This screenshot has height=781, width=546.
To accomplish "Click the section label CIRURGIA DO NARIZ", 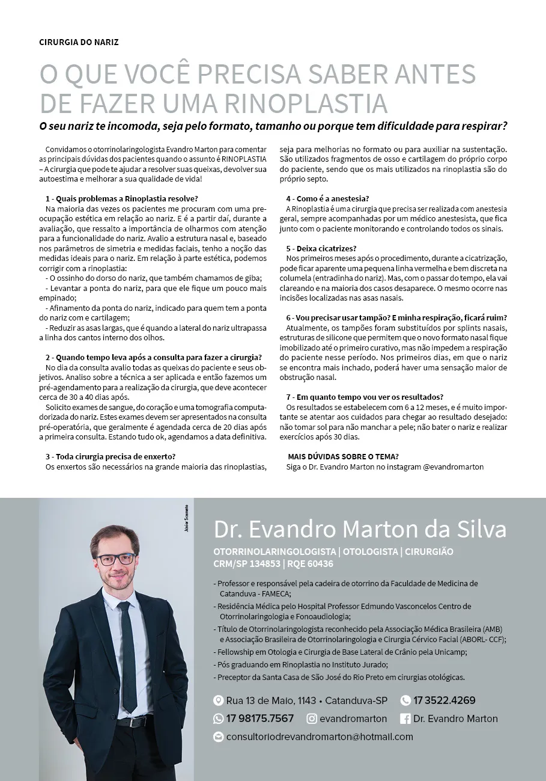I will click(x=79, y=43).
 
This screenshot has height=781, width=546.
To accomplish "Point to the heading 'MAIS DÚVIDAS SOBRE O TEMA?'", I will click(x=344, y=456).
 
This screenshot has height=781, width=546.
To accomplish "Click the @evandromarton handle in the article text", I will click(x=453, y=467).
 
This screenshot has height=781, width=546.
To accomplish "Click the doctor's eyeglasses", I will click(x=115, y=559).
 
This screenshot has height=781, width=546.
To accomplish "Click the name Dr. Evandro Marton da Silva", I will click(x=360, y=529).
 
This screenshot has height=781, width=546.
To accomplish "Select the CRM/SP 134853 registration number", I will click(x=247, y=564).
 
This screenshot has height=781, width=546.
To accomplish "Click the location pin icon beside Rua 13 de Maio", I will click(x=219, y=700).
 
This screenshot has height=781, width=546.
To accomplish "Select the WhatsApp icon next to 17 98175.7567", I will click(x=219, y=718).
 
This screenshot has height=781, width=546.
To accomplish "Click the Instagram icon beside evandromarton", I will click(x=312, y=718).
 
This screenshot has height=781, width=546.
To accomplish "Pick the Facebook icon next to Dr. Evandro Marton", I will click(x=405, y=718).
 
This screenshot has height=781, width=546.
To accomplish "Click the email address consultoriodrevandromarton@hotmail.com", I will click(x=320, y=737).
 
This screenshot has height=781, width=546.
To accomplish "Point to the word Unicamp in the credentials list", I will click(x=451, y=652).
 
